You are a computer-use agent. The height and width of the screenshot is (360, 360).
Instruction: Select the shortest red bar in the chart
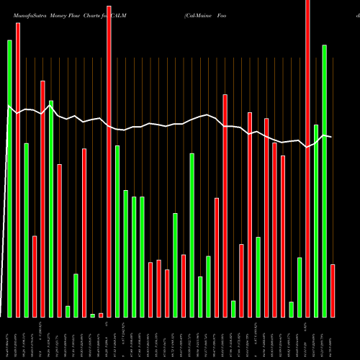101,315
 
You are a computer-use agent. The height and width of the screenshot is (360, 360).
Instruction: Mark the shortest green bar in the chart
92,315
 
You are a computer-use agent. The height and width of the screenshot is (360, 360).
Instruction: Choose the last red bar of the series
333,291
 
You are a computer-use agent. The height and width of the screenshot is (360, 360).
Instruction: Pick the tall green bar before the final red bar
325,181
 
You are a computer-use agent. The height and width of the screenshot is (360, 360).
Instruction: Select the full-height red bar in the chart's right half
307,158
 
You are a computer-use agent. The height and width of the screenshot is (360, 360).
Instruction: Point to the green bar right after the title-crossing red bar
117,231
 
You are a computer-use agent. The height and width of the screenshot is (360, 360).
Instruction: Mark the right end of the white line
330,137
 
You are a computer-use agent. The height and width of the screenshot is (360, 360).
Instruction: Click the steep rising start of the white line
4,216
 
